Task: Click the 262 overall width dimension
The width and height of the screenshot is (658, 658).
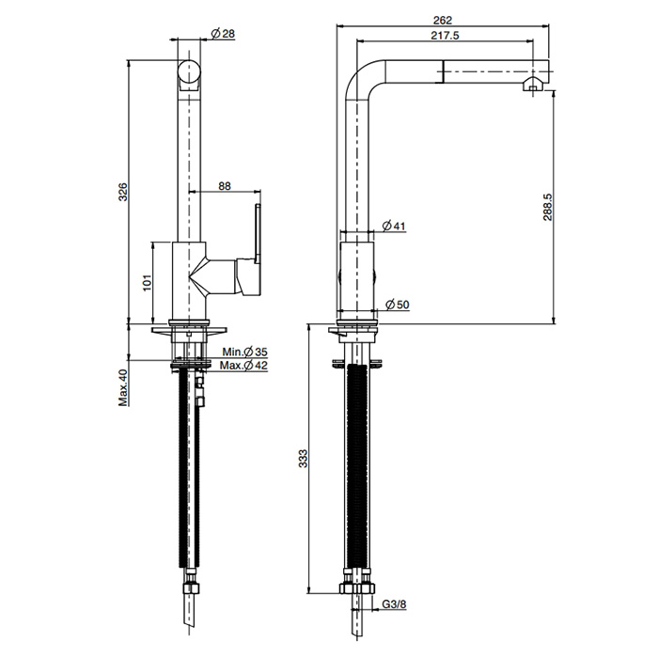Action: tap(443, 20)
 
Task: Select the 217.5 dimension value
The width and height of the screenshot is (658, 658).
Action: tap(445, 36)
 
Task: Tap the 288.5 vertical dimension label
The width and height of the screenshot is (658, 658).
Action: tap(548, 207)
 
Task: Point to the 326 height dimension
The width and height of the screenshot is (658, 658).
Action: tap(122, 192)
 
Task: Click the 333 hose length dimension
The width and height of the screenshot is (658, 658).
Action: tap(303, 459)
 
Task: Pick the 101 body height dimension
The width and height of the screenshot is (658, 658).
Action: tap(147, 283)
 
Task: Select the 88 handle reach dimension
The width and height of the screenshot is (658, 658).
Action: tap(225, 185)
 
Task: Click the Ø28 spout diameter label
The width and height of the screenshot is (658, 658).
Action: tap(223, 34)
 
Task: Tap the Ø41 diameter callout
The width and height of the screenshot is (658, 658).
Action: tap(394, 227)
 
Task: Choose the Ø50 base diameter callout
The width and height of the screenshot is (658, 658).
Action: tap(397, 305)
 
